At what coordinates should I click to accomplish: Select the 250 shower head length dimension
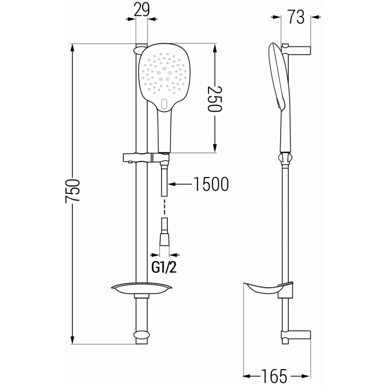tap(214, 99)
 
